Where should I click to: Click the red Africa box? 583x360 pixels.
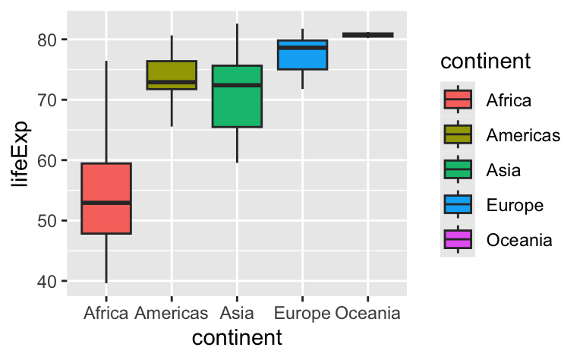(x=106, y=182)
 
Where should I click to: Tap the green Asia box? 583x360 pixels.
(x=237, y=106)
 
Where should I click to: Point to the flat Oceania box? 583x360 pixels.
(x=367, y=34)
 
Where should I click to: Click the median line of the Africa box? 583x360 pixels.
(x=106, y=203)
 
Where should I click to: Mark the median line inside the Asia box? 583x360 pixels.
(x=237, y=85)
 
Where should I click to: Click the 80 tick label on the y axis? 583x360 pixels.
(x=48, y=39)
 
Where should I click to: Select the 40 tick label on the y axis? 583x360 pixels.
(x=48, y=282)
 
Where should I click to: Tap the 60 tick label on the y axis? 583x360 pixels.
(x=48, y=160)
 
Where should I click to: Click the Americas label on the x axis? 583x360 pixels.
(x=172, y=313)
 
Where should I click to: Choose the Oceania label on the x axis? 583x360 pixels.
(x=367, y=313)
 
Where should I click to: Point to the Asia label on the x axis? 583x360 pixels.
(x=237, y=313)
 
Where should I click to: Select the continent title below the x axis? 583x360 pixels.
(x=237, y=337)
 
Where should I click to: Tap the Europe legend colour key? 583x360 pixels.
(x=458, y=204)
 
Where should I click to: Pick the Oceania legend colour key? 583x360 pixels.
(x=458, y=239)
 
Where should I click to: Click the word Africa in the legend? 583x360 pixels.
(x=509, y=99)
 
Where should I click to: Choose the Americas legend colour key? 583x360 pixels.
(x=458, y=134)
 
